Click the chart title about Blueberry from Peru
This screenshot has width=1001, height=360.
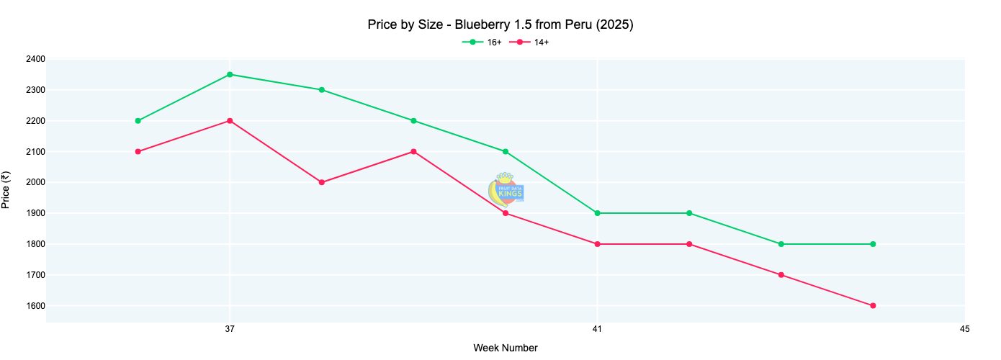pyautogui.click(x=500, y=25)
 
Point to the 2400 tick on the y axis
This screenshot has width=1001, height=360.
pyautogui.click(x=34, y=59)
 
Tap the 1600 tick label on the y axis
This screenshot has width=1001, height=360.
pyautogui.click(x=34, y=306)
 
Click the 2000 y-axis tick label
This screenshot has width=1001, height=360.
pyautogui.click(x=34, y=182)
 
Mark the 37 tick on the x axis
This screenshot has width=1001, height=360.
pyautogui.click(x=230, y=329)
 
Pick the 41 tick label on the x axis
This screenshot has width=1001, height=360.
pyautogui.click(x=597, y=329)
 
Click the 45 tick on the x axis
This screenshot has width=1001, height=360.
pyautogui.click(x=964, y=329)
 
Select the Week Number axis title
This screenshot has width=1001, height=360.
pyautogui.click(x=505, y=348)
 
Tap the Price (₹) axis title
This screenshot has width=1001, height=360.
pyautogui.click(x=6, y=190)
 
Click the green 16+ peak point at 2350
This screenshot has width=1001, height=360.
pyautogui.click(x=230, y=74)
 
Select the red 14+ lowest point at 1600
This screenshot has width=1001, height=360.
pyautogui.click(x=873, y=306)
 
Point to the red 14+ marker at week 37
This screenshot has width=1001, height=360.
pyautogui.click(x=230, y=121)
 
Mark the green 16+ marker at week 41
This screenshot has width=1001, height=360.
pyautogui.click(x=597, y=213)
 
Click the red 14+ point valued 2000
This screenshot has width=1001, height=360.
pyautogui.click(x=322, y=182)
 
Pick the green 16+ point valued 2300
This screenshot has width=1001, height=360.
pyautogui.click(x=322, y=90)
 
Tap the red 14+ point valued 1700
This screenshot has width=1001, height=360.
pyautogui.click(x=781, y=275)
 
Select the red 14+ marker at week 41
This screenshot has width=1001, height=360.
pyautogui.click(x=597, y=244)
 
